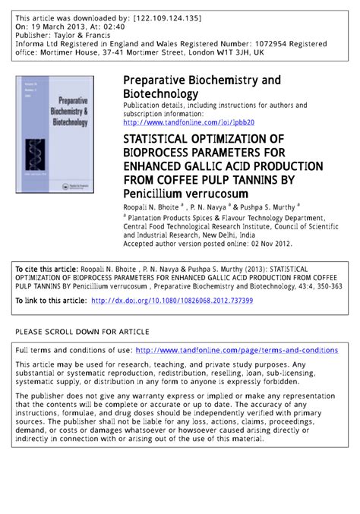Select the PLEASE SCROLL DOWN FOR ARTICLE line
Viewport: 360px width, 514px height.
(82, 332)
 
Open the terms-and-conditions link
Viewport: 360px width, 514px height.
(236, 350)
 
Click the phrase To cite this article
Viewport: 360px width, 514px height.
(46, 269)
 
